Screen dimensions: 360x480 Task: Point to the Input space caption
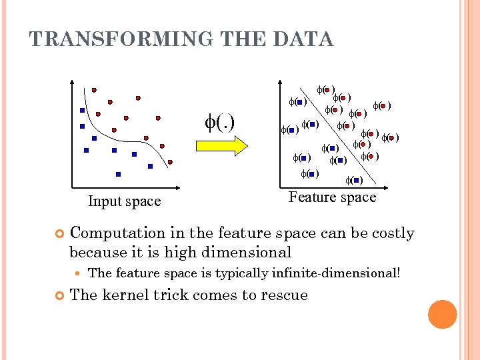pos(124,201)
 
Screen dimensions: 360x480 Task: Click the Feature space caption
pos(332,197)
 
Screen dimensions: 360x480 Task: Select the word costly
pos(393,233)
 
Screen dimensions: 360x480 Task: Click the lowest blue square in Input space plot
pos(118,174)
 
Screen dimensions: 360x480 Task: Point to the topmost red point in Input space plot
pos(94,89)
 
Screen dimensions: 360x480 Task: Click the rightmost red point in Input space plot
pos(171,161)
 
